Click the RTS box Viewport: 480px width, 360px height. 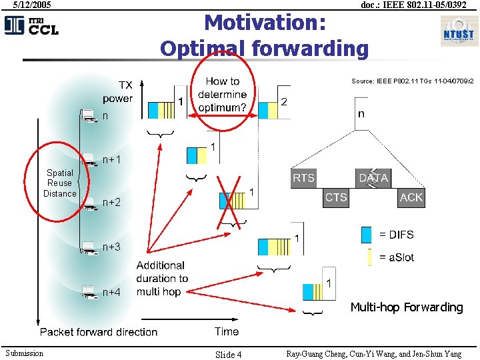pos(303,178)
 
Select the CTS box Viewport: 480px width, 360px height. pos(336,197)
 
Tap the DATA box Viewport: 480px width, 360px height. pos(373,178)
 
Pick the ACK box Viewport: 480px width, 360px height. pos(411,197)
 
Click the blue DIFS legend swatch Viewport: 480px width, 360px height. pos(366,235)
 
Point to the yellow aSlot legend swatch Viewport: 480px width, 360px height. pos(369,257)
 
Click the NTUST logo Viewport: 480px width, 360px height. pos(458,31)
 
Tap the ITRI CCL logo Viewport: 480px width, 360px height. pos(31,26)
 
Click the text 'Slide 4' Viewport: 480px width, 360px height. pos(228,354)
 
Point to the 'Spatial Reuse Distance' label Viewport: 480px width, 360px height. pos(60,183)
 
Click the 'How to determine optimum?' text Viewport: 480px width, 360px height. pos(222,95)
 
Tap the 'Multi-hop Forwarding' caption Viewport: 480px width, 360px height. pos(406,307)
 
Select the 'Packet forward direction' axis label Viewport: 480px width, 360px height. pos(99,332)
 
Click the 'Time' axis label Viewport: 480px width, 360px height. pos(227,331)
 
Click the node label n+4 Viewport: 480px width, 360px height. pos(111,292)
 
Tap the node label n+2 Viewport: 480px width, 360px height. pos(111,202)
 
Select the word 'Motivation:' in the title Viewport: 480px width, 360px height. pos(265,23)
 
